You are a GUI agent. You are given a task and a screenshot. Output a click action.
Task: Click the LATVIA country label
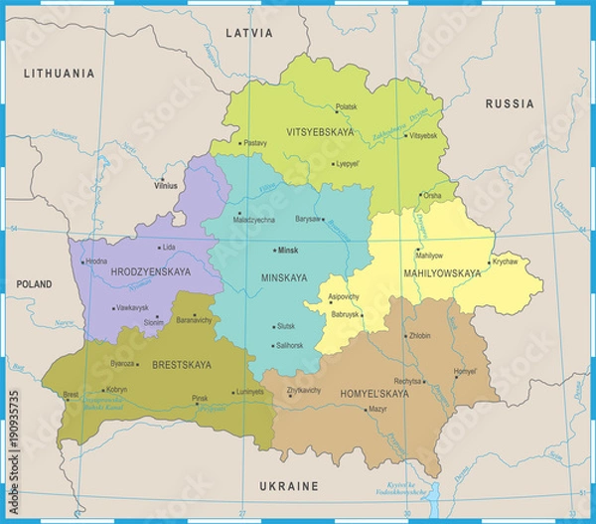pyautogui.click(x=248, y=33)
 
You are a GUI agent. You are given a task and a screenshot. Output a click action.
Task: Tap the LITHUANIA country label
pyautogui.click(x=61, y=74)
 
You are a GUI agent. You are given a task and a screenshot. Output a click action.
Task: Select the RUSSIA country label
pyautogui.click(x=509, y=104)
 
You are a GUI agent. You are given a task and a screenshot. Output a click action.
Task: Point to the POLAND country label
pyautogui.click(x=34, y=284)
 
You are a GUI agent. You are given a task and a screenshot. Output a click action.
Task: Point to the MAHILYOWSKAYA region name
pyautogui.click(x=443, y=272)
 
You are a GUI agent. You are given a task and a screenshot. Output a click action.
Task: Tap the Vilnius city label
pyautogui.click(x=167, y=185)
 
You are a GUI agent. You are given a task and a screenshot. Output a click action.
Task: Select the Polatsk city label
pyautogui.click(x=346, y=106)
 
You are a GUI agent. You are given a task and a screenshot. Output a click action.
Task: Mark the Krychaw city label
pyautogui.click(x=505, y=262)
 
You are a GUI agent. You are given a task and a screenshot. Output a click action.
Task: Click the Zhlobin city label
pyautogui.click(x=419, y=336)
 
